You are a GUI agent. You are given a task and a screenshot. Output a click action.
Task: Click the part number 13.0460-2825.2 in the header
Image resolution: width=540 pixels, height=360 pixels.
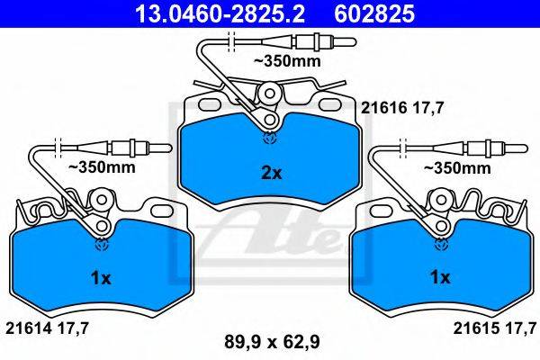[x=220, y=14]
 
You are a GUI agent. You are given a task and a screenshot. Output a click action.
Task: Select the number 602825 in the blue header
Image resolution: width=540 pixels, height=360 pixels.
[x=374, y=14]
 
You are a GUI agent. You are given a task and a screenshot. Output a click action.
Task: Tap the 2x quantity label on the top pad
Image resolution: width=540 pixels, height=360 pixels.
[x=272, y=174]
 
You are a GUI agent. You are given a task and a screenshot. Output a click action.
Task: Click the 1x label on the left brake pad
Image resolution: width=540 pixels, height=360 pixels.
[x=101, y=278]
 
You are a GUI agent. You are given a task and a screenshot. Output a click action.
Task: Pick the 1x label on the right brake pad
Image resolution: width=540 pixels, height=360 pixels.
[x=440, y=277]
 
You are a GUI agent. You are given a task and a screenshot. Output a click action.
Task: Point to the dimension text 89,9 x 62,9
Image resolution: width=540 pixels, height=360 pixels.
[x=272, y=342]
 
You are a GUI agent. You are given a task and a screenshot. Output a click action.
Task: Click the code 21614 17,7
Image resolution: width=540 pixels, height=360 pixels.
[x=47, y=328]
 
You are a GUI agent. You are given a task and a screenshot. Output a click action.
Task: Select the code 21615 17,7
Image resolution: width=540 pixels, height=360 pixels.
[x=494, y=328]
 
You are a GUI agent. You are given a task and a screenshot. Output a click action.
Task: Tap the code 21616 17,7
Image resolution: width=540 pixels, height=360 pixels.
[x=401, y=109]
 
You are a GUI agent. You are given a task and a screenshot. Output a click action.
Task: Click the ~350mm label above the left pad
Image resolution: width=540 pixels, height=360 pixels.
[x=102, y=167]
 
